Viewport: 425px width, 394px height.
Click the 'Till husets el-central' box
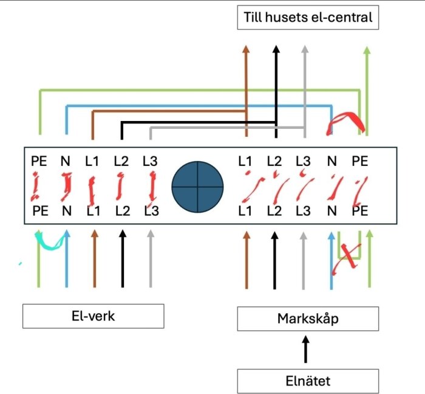point(308,17)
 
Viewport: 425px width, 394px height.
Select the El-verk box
point(93,316)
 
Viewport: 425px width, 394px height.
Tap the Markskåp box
point(308,319)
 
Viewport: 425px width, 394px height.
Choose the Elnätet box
point(308,381)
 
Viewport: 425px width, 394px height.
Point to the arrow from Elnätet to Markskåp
point(306,350)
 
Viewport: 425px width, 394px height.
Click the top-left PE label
point(39,161)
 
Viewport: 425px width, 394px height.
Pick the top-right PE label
point(359,161)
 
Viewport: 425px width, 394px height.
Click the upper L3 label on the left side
point(150,161)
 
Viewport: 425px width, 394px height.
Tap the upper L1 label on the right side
point(245,161)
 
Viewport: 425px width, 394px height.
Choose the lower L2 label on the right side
point(274,211)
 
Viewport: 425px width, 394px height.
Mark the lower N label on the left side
point(66,211)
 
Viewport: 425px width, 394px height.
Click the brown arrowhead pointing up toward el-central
point(246,50)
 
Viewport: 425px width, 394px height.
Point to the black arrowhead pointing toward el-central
point(276,50)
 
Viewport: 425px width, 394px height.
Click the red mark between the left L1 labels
point(92,188)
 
